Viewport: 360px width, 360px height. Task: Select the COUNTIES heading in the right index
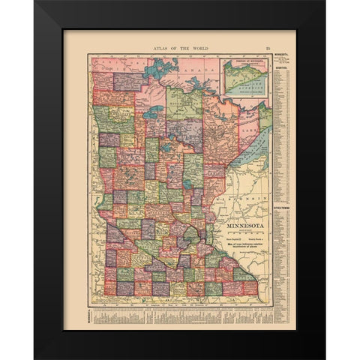(x=282, y=67)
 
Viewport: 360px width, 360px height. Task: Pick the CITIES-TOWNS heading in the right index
(x=282, y=213)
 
